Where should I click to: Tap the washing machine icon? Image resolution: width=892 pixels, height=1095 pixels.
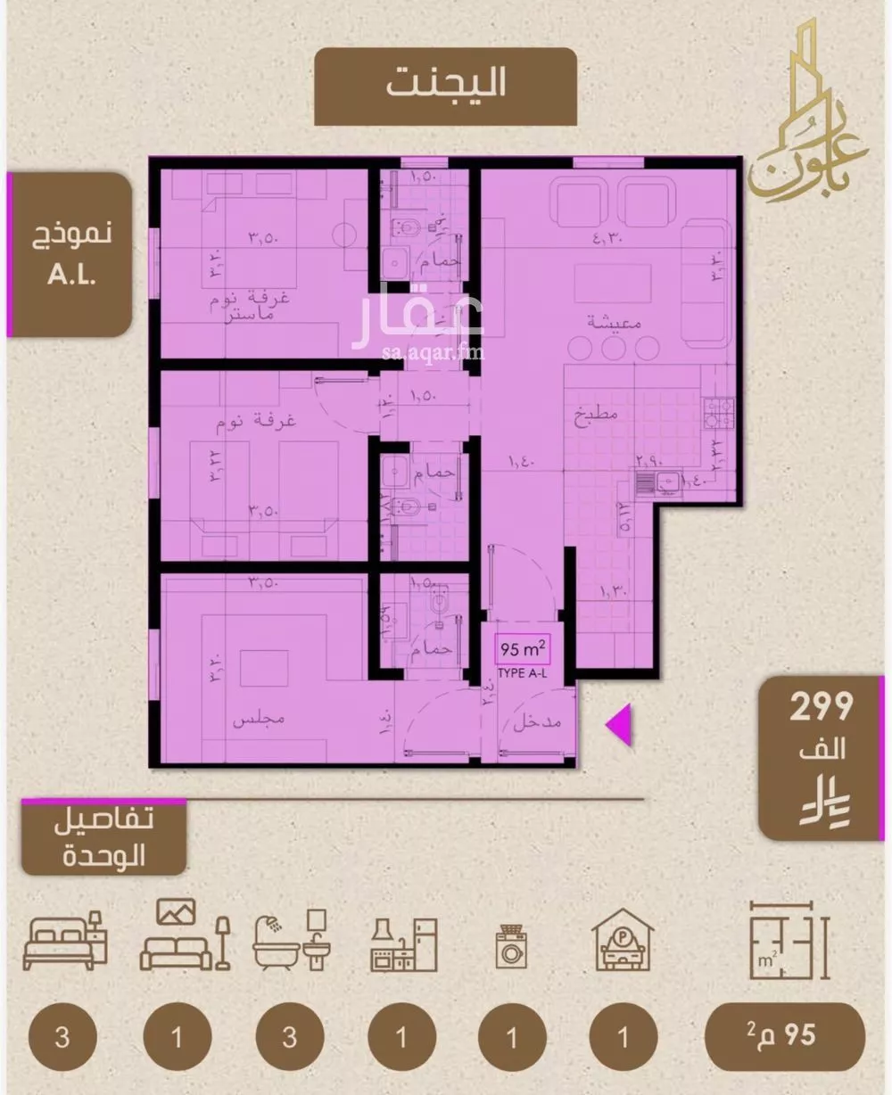[x=511, y=947]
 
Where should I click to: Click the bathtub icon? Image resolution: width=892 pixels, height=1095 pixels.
[x=291, y=943]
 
